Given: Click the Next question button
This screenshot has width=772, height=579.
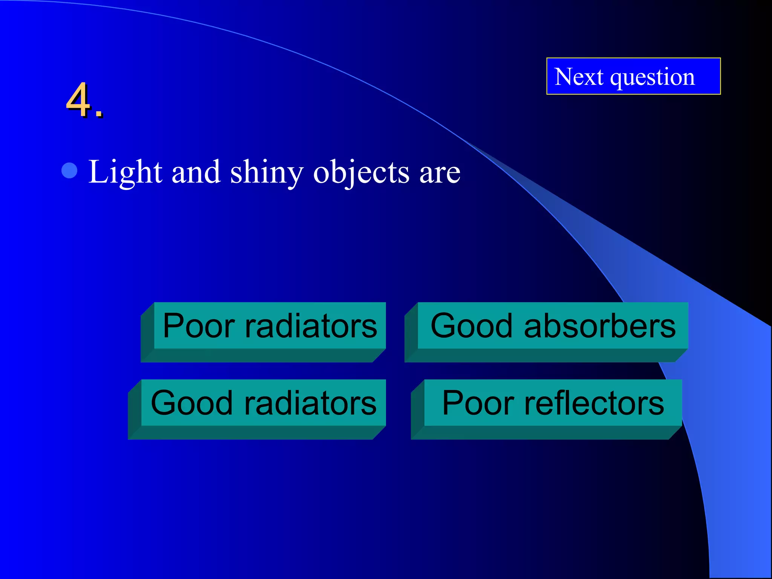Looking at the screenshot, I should [633, 76].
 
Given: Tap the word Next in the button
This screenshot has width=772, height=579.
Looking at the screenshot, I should [579, 77].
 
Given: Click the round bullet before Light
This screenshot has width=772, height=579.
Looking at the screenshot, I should [69, 170].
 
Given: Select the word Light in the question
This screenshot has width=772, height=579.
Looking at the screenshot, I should [125, 172].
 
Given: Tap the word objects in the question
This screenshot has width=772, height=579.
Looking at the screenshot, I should [361, 173].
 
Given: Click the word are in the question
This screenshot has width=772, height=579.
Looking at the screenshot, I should [440, 173].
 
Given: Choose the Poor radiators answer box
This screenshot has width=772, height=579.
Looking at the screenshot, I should [270, 326].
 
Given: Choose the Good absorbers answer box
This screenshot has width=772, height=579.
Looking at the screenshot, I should [553, 326].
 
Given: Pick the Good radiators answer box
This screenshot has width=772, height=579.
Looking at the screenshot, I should [263, 403].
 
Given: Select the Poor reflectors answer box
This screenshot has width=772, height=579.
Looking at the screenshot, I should [553, 403].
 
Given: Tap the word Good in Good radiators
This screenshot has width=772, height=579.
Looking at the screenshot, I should [191, 403].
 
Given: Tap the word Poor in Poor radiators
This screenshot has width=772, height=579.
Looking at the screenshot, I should [199, 326].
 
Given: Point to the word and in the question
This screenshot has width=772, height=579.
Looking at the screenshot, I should [196, 172].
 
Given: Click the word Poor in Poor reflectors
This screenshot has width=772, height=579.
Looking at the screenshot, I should [478, 403].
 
